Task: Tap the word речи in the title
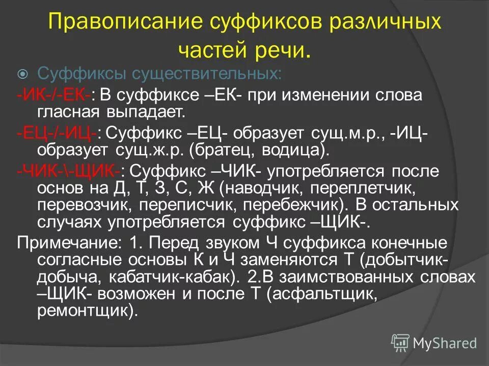click(x=286, y=50)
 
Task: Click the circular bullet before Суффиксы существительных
click(x=23, y=75)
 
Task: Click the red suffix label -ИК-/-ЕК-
click(x=54, y=95)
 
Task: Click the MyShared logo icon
click(x=400, y=343)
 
